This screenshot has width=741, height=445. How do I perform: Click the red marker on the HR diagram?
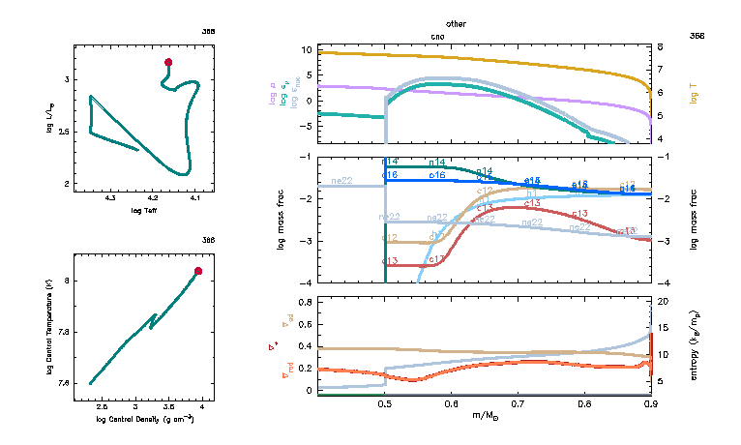[x=168, y=62]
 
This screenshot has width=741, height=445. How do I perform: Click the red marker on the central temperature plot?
[x=198, y=271]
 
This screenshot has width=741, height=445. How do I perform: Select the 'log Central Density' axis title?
[x=145, y=419]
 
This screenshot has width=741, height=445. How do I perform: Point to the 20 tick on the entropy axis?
[x=664, y=302]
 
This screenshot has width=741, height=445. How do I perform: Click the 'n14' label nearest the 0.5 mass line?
[x=391, y=162]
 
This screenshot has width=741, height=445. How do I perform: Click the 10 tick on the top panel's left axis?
[x=305, y=48]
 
